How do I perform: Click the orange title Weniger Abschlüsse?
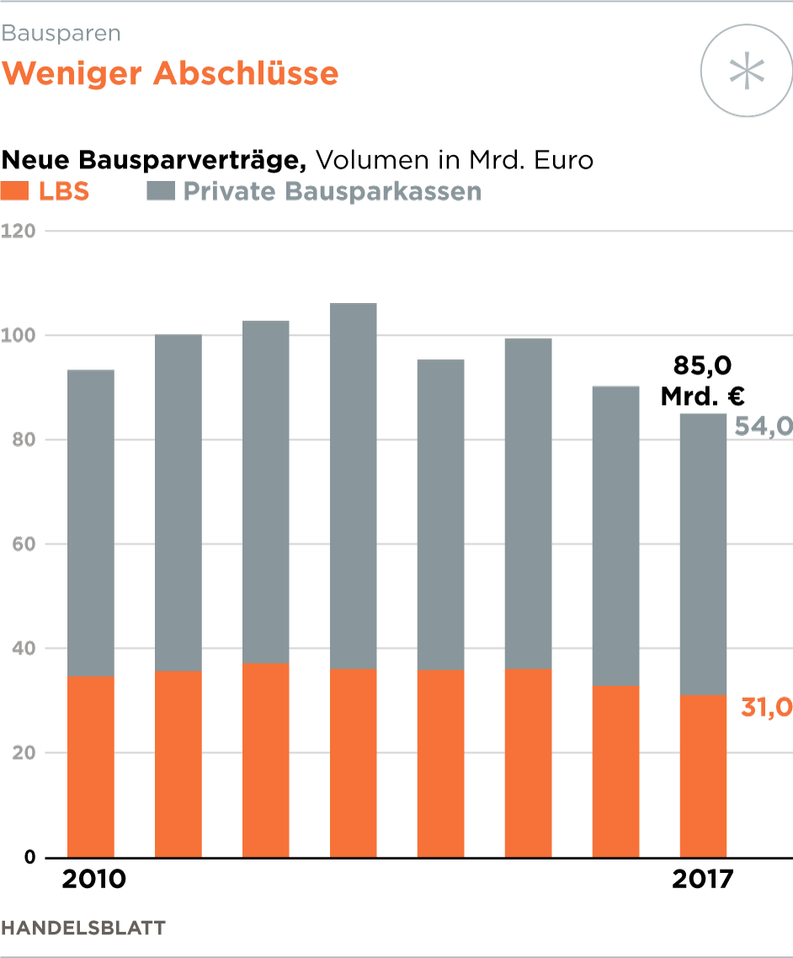170,74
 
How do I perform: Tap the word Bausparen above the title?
61,34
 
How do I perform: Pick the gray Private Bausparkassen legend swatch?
160,191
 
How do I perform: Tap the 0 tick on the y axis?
29,858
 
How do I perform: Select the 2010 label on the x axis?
94,881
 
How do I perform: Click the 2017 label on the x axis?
703,881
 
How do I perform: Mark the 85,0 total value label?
702,366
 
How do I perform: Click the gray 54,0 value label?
764,427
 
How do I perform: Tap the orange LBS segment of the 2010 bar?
91,766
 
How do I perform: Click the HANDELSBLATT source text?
83,929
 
